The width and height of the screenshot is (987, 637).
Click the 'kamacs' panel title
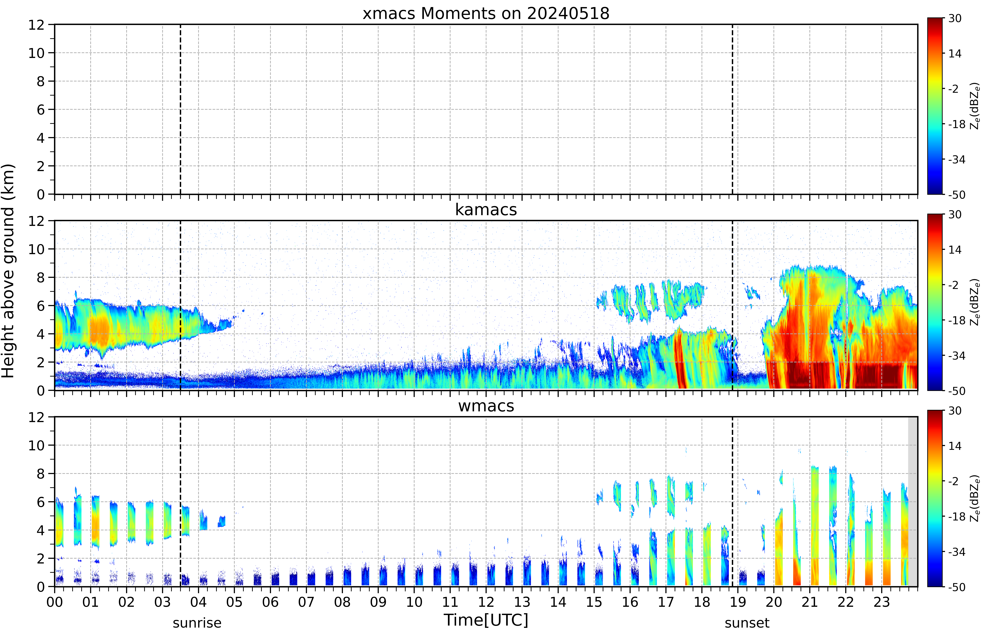click(x=486, y=210)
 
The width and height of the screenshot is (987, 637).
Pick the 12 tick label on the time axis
click(x=486, y=602)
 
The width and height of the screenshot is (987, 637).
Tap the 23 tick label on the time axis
click(x=882, y=602)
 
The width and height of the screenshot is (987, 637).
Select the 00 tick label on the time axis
click(x=55, y=602)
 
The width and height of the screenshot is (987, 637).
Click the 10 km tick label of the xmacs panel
click(x=36, y=53)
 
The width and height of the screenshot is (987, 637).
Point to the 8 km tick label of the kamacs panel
click(x=41, y=278)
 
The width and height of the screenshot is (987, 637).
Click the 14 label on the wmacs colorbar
click(x=955, y=446)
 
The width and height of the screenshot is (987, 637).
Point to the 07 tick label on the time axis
click(x=306, y=602)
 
